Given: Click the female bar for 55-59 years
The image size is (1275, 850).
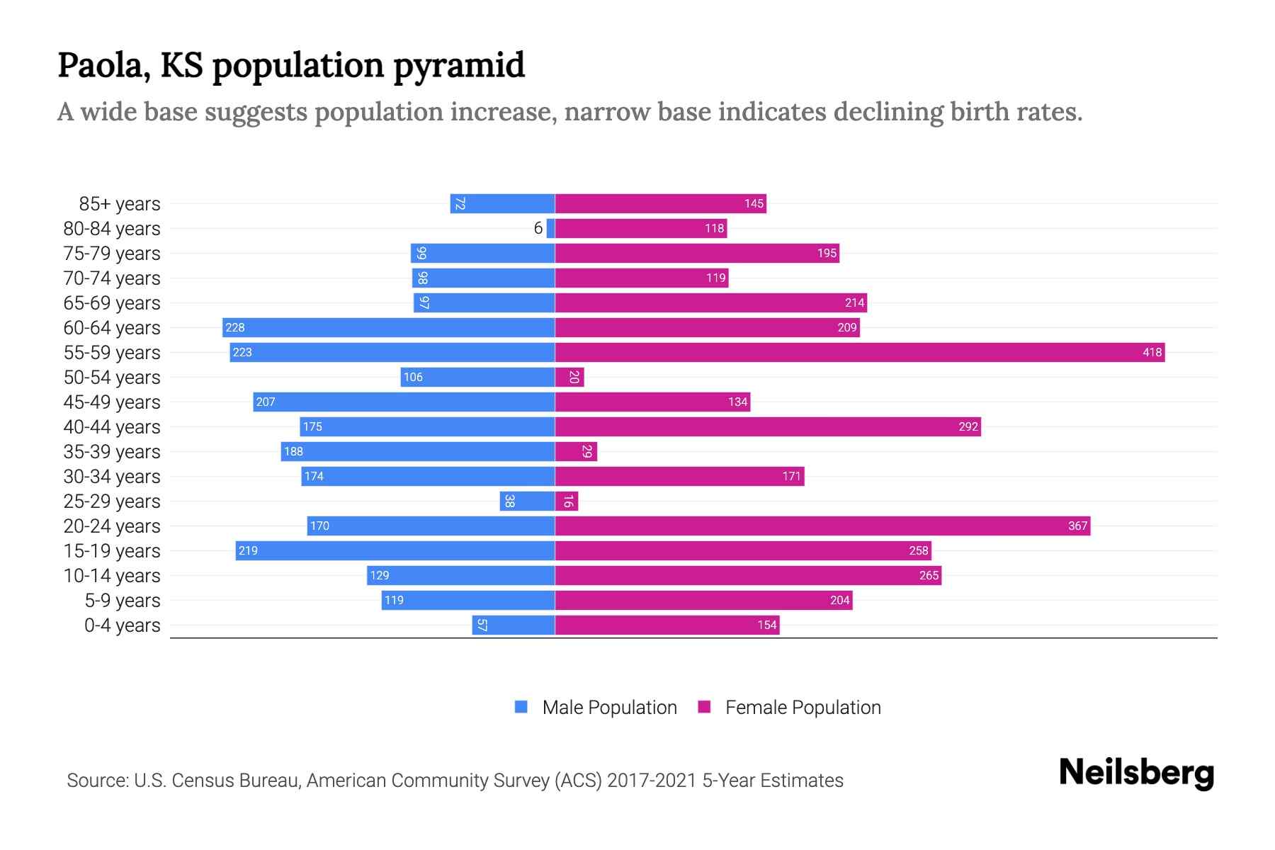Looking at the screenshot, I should pyautogui.click(x=859, y=352).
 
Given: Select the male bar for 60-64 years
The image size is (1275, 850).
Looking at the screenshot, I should pyautogui.click(x=388, y=327).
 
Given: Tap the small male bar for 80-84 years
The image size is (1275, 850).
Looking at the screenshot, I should pyautogui.click(x=550, y=228).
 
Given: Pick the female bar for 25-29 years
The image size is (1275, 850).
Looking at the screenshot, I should pyautogui.click(x=567, y=501).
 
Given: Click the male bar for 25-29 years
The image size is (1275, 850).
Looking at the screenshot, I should pyautogui.click(x=527, y=501).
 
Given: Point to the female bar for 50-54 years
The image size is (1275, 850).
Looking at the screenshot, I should pyautogui.click(x=569, y=377).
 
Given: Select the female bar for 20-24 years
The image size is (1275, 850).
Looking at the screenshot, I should pyautogui.click(x=822, y=526).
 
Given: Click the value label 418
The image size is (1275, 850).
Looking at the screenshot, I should pyautogui.click(x=1152, y=352).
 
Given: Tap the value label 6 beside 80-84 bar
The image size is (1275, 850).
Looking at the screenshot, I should pyautogui.click(x=538, y=228).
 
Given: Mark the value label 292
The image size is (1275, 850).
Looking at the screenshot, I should pyautogui.click(x=968, y=426).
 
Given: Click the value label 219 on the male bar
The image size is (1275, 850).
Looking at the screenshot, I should pyautogui.click(x=248, y=550).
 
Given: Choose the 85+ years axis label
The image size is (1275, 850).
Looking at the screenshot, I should pyautogui.click(x=120, y=204).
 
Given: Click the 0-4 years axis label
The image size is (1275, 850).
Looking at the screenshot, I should pyautogui.click(x=122, y=625).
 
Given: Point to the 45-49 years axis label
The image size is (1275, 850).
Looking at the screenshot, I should pyautogui.click(x=112, y=402).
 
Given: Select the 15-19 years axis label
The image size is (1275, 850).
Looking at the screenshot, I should pyautogui.click(x=112, y=551).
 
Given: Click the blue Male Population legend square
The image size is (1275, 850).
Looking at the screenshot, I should pyautogui.click(x=521, y=707).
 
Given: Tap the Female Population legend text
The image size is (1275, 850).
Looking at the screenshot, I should pyautogui.click(x=803, y=708).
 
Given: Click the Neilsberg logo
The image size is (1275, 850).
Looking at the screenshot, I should pyautogui.click(x=1136, y=773).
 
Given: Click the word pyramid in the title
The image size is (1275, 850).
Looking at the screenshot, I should pyautogui.click(x=458, y=66).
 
